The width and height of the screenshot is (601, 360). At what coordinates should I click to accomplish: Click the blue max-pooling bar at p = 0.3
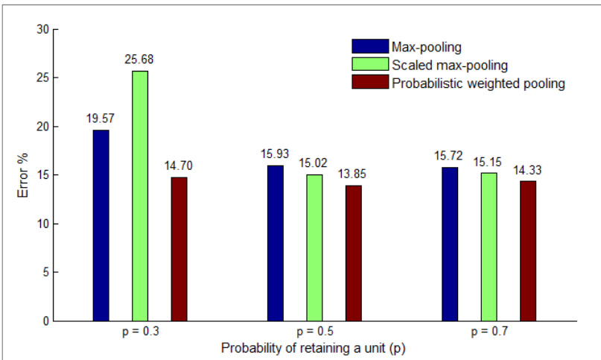point(101,226)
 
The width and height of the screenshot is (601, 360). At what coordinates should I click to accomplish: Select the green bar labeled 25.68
point(140,196)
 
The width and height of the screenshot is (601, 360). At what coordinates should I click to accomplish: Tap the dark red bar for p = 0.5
point(354,253)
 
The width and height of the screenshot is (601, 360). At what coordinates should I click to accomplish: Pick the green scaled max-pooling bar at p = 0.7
point(489,247)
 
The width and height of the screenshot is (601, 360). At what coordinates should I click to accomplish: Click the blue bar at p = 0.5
point(276,243)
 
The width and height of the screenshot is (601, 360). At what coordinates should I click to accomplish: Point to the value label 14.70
point(179,165)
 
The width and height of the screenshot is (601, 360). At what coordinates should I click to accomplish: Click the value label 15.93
point(275,154)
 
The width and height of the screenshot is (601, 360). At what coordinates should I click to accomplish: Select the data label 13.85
point(352,174)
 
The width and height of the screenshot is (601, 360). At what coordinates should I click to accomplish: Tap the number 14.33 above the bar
point(527,170)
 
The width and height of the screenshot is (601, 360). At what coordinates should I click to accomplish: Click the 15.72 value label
point(448,156)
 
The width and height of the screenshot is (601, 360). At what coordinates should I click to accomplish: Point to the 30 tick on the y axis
point(43,29)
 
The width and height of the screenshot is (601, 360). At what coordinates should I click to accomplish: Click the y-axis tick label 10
point(43,224)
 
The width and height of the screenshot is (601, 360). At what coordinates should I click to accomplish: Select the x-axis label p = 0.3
point(140,331)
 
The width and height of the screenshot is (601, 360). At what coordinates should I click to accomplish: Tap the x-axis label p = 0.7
point(489,331)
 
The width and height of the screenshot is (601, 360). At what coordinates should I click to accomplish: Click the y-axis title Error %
point(23,175)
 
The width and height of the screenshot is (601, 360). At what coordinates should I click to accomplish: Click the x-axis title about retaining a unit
point(313,349)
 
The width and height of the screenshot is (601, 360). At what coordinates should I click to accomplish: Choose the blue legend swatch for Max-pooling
point(370,46)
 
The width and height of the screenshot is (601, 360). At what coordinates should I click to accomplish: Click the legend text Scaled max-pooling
point(450,66)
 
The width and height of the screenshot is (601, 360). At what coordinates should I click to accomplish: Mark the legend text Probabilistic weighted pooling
point(478,83)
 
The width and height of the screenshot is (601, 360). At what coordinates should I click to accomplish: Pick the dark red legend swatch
point(370,82)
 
